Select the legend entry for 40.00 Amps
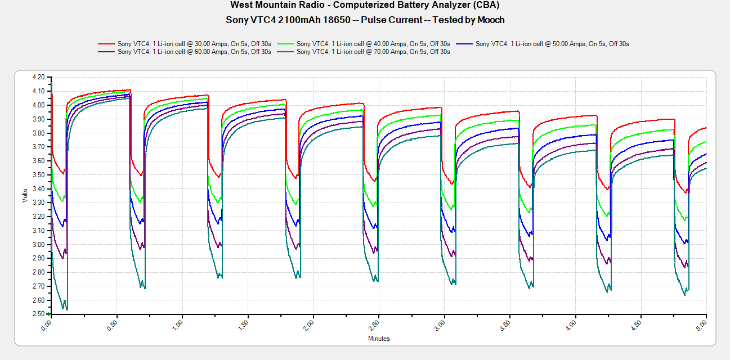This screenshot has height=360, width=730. [x=373, y=44]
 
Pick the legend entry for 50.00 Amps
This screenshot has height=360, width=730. [x=552, y=44]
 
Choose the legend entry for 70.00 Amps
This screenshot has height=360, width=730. [x=373, y=52]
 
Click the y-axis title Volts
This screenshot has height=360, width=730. [x=24, y=195]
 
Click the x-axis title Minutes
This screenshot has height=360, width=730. [x=379, y=339]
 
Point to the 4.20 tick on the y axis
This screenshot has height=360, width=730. [x=39, y=77]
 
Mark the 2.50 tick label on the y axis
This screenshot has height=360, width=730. [x=39, y=314]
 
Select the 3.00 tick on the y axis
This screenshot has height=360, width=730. [x=39, y=244]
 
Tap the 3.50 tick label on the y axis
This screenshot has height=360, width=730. [x=39, y=174]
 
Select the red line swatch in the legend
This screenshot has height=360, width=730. [x=106, y=44]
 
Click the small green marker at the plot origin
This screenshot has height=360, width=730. [x=49, y=314]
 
